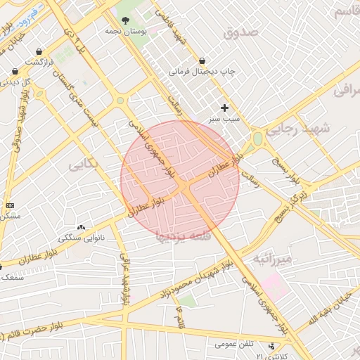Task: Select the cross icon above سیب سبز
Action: (225, 108)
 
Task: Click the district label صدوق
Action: (241, 32)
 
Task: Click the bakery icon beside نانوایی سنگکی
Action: (80, 227)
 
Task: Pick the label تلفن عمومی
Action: (233, 344)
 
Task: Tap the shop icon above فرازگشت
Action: (38, 51)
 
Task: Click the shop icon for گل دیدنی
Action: (15, 71)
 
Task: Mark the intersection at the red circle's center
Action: (180, 181)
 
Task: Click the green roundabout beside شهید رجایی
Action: (258, 139)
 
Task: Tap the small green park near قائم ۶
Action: (187, 300)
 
